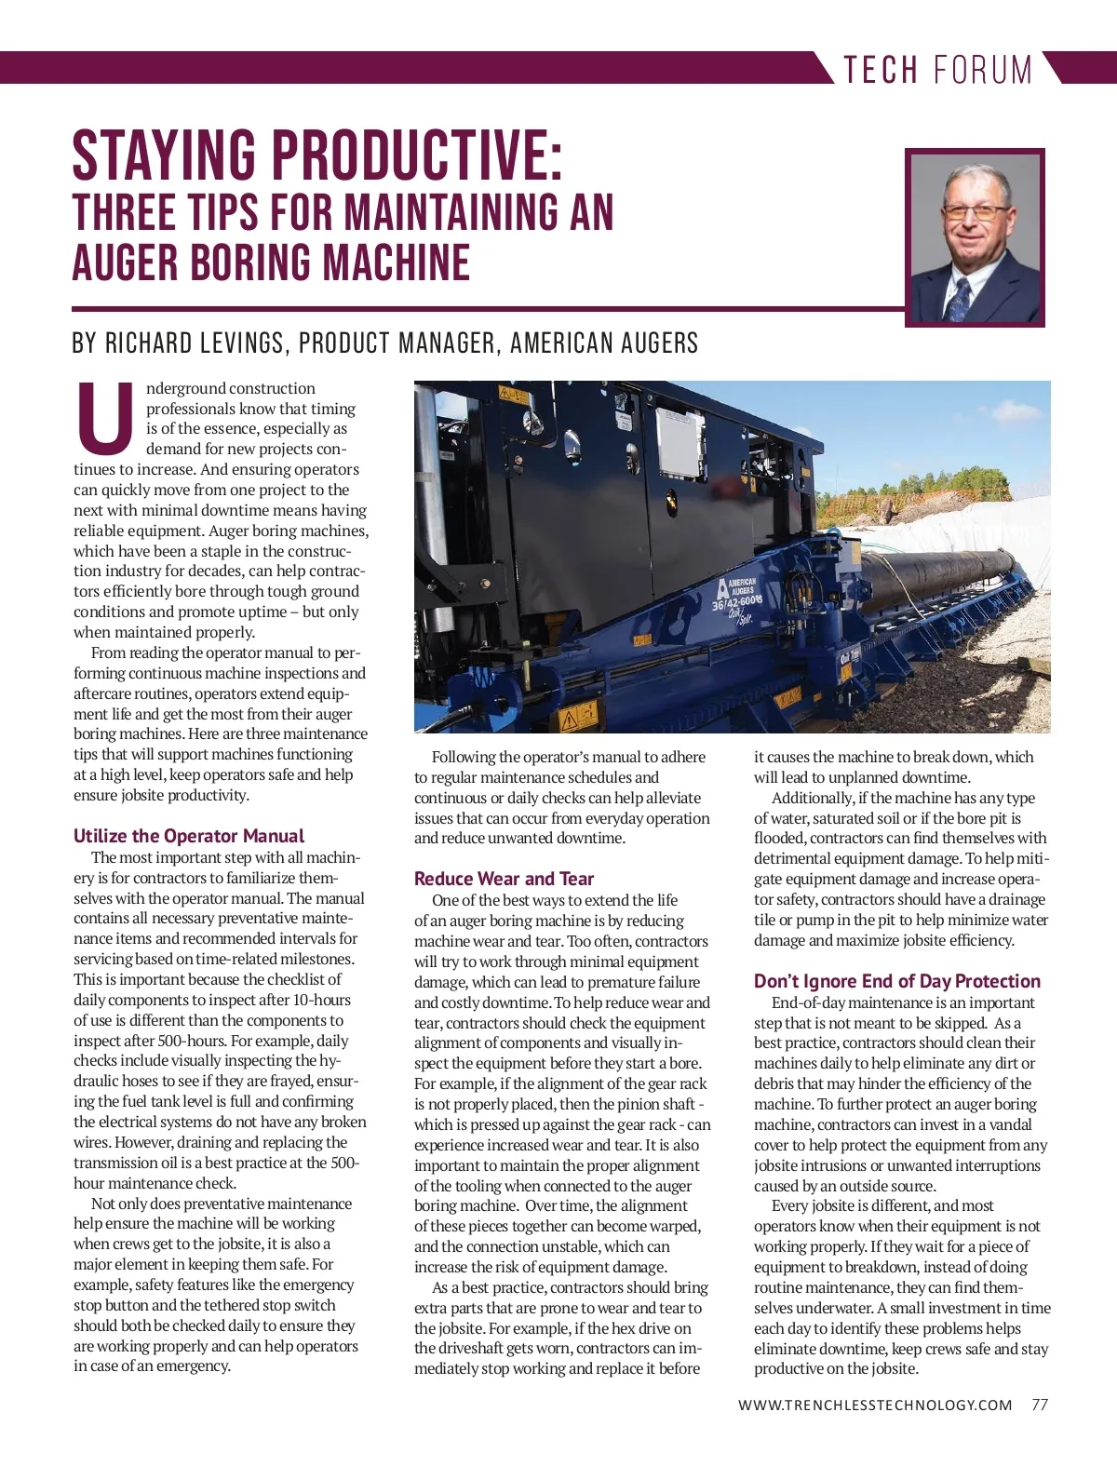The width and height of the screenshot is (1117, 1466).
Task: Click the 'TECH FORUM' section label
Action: tap(937, 70)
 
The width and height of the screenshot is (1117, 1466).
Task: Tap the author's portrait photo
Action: tap(975, 237)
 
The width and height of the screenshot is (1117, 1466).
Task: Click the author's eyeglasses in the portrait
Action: tap(975, 210)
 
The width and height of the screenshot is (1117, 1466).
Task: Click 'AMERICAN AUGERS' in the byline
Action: tap(604, 343)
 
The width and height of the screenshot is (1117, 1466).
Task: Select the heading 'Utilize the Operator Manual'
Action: tap(189, 836)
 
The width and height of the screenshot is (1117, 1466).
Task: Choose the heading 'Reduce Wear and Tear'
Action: tap(504, 879)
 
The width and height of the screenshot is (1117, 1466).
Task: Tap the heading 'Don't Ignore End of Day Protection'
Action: tap(897, 981)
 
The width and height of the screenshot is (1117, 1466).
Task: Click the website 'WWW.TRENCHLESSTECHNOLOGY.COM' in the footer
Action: tap(875, 1405)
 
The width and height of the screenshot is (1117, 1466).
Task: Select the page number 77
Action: tap(1040, 1405)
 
